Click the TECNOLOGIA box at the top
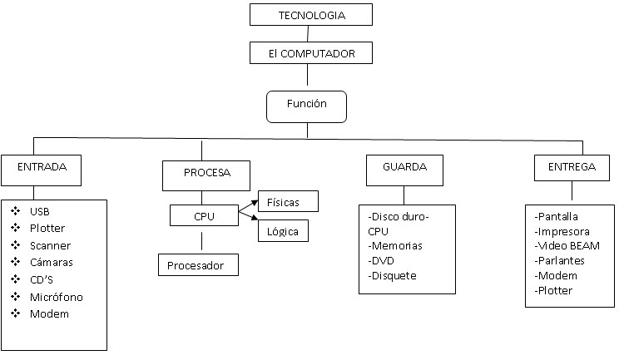pos(311,15)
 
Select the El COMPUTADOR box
pos(311,53)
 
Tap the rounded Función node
pos(306,106)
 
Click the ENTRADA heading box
pos(42,169)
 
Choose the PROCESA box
pos(202,173)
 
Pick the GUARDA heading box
pos(404,169)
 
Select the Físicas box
pos(289,201)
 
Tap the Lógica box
pos(284,230)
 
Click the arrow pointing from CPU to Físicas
pos(248,207)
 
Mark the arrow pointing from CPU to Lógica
pos(248,220)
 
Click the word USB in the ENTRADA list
pos(39,211)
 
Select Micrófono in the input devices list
pos(56,297)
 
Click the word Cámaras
pos(50,263)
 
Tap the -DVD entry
pos(382,261)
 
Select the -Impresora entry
pos(563,232)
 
